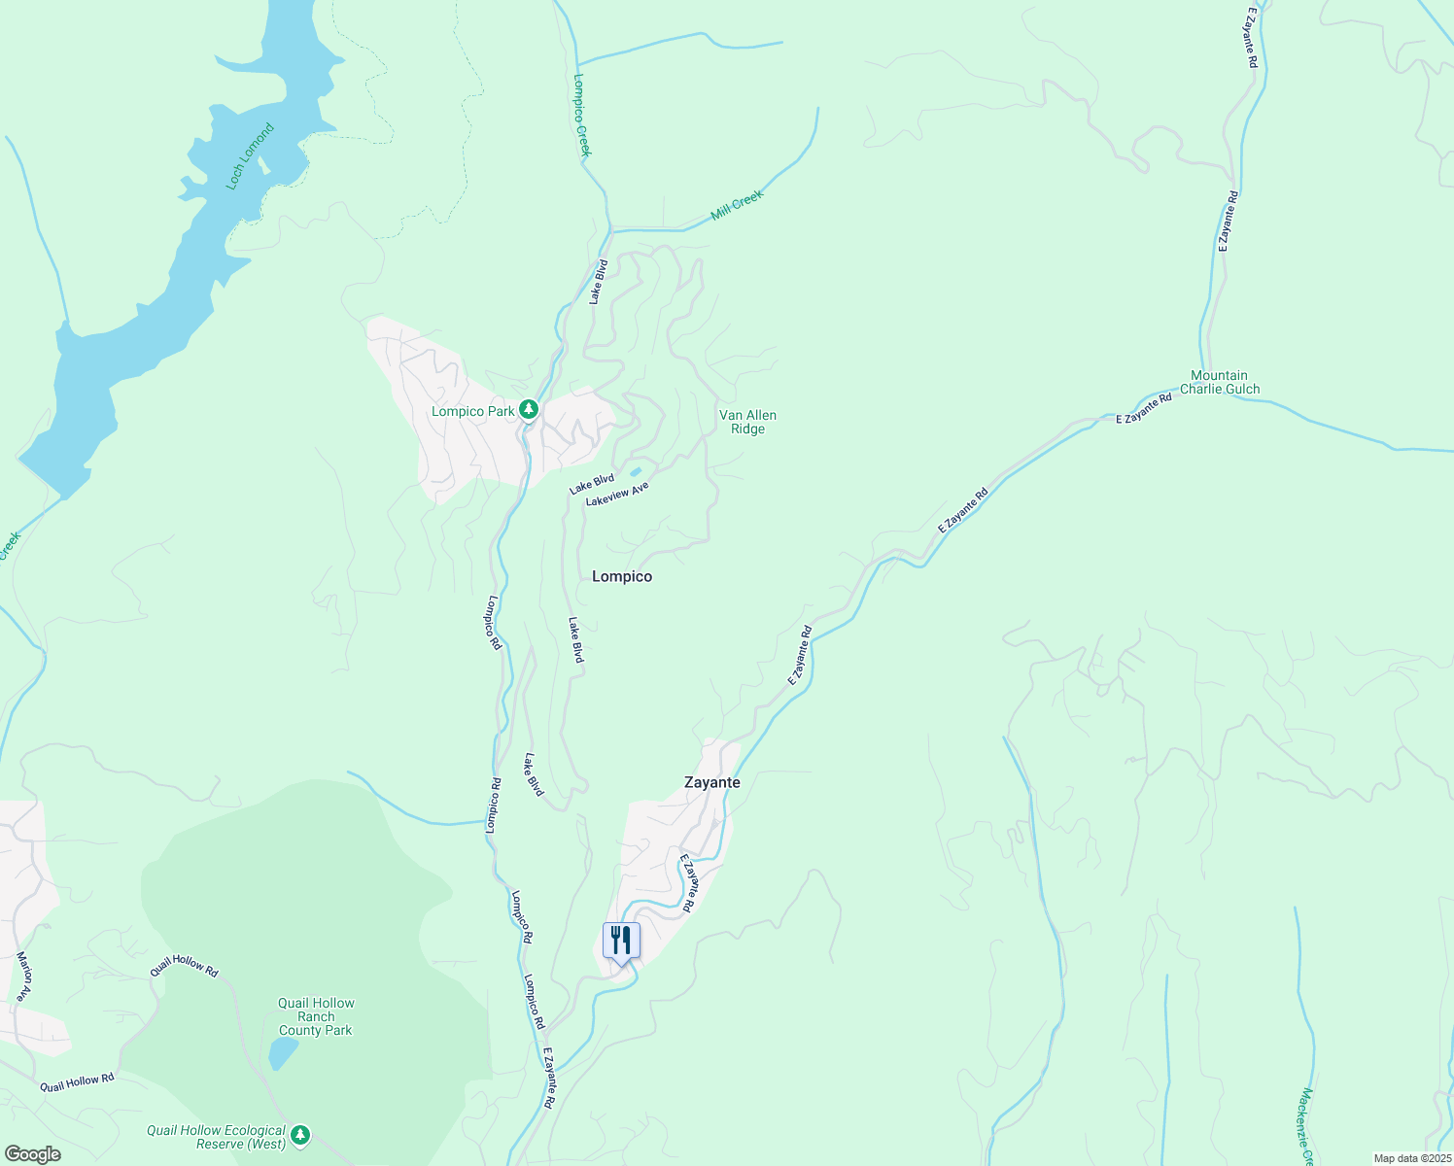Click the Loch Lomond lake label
click(250, 156)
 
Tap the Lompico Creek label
click(582, 115)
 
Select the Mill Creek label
click(737, 204)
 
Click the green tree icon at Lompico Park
click(528, 410)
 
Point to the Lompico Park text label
click(472, 411)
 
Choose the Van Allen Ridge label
click(747, 422)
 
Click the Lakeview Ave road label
click(616, 494)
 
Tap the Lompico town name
click(622, 576)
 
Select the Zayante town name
click(711, 782)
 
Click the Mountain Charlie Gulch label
click(1219, 382)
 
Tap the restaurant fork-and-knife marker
click(621, 941)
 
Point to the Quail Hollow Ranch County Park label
click(316, 1016)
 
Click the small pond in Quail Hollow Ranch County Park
click(282, 1053)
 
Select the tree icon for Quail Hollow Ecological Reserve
click(301, 1134)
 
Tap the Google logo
click(32, 1154)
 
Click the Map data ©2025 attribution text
click(1411, 1158)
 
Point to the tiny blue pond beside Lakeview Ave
click(636, 472)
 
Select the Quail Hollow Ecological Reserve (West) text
click(216, 1137)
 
